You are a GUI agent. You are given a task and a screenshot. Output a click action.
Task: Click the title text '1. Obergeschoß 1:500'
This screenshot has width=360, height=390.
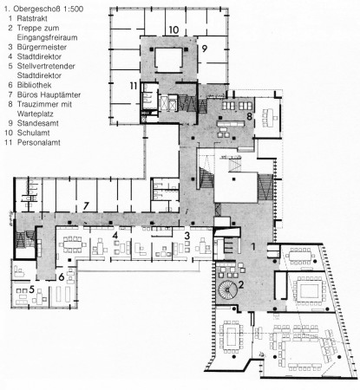tap(41, 8)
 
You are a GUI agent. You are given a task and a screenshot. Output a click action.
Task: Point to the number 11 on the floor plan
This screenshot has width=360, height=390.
tap(133, 86)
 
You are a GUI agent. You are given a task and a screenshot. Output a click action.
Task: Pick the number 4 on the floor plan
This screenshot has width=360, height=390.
tap(115, 236)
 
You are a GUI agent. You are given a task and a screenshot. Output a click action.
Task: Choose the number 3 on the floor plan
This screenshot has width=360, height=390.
tap(187, 236)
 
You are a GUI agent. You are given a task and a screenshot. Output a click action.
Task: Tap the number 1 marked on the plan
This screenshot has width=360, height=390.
tap(253, 247)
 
